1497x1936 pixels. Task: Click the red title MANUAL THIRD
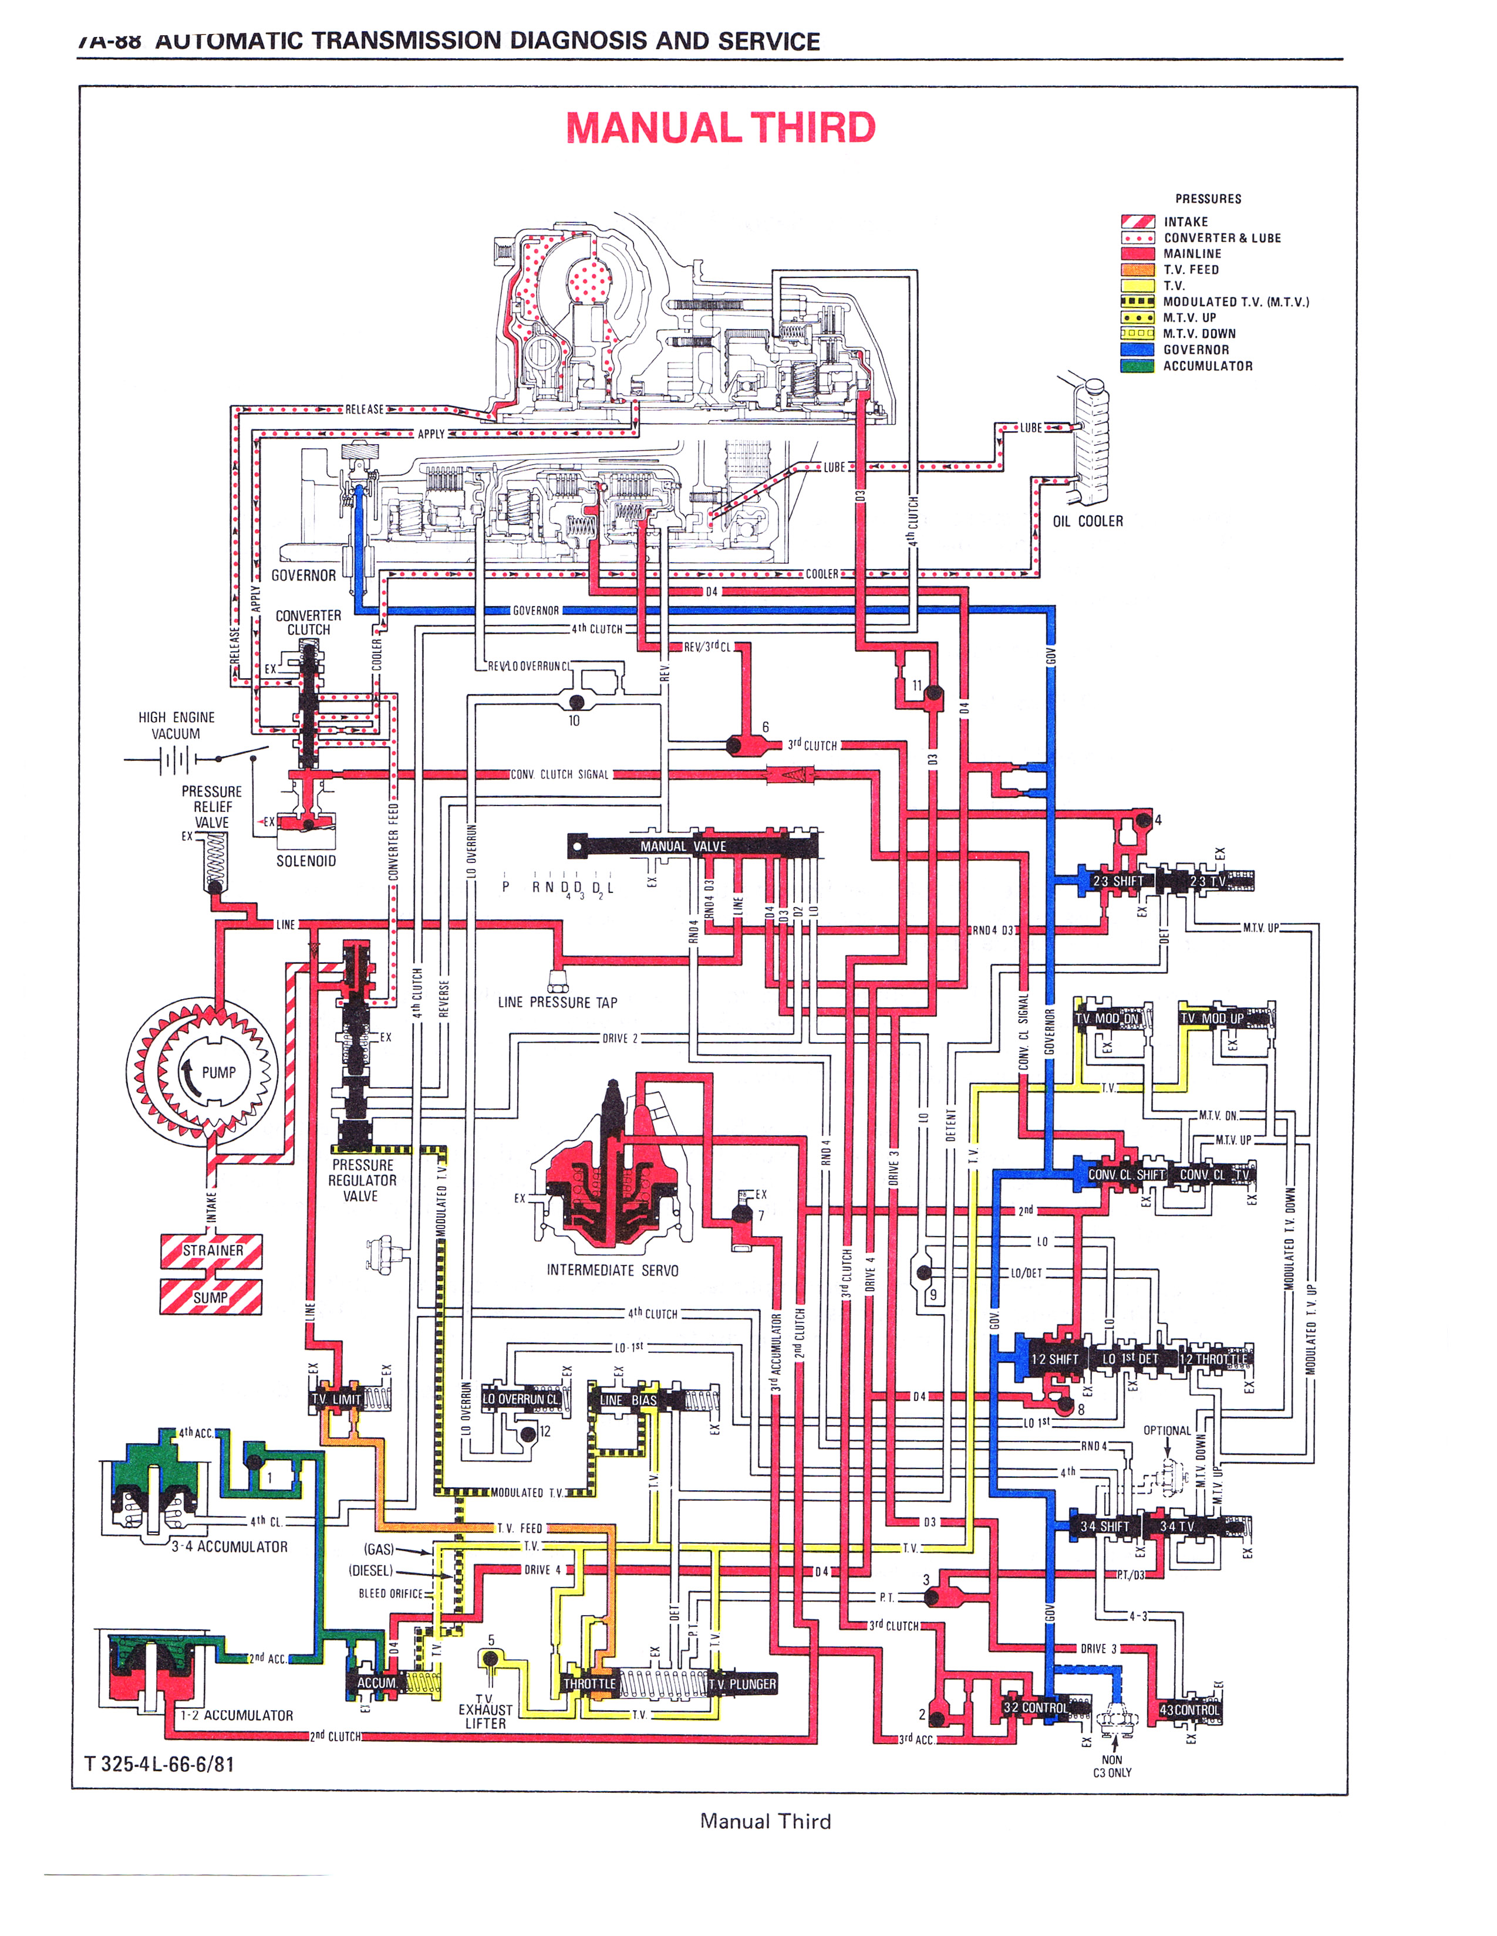point(720,128)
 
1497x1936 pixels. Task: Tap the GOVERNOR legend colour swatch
point(1137,349)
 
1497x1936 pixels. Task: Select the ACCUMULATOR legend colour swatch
point(1137,365)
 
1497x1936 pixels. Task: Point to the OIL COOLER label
point(1087,521)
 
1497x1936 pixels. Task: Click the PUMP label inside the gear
point(218,1072)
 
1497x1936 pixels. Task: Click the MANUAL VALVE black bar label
point(683,847)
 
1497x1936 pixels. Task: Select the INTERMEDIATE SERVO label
point(612,1270)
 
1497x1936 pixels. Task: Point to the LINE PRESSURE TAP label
point(557,1003)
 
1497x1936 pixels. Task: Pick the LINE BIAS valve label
point(628,1400)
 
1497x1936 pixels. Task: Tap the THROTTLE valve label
point(589,1683)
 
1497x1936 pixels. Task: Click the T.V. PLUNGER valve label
point(741,1683)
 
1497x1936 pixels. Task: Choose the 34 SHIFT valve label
point(1104,1527)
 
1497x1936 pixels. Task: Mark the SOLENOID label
point(306,861)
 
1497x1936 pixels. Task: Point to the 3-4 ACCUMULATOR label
point(230,1547)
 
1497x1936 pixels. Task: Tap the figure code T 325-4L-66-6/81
point(160,1764)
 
